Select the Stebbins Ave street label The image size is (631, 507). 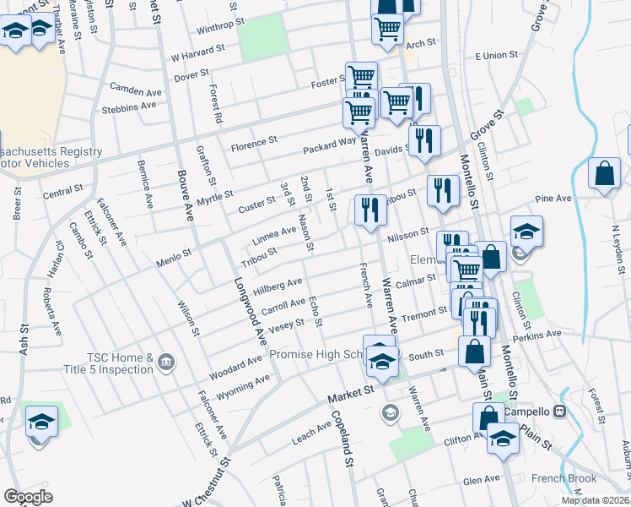(x=128, y=106)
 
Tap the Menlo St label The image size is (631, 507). (x=174, y=252)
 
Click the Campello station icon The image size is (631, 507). (x=559, y=412)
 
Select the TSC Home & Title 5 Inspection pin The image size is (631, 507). (x=165, y=363)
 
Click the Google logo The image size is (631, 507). (x=29, y=496)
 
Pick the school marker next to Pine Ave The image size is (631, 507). (x=526, y=233)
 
